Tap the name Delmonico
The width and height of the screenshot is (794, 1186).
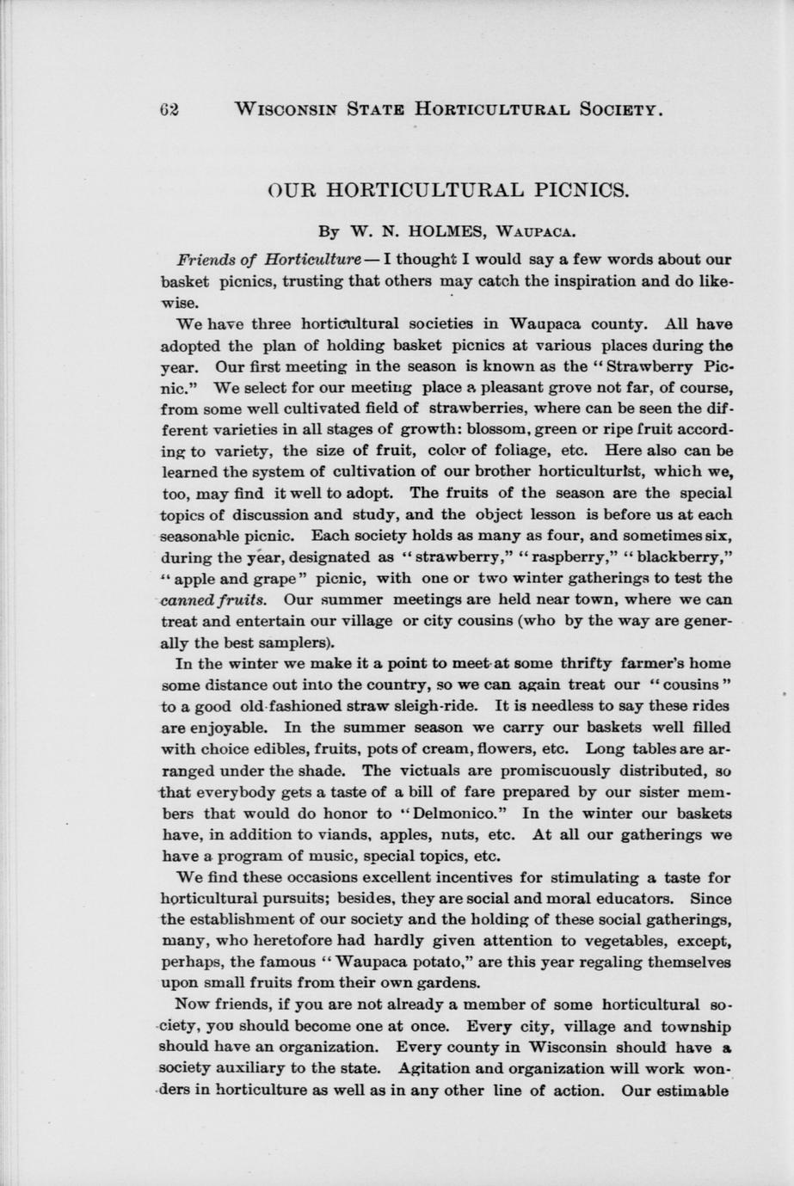pos(455,813)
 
